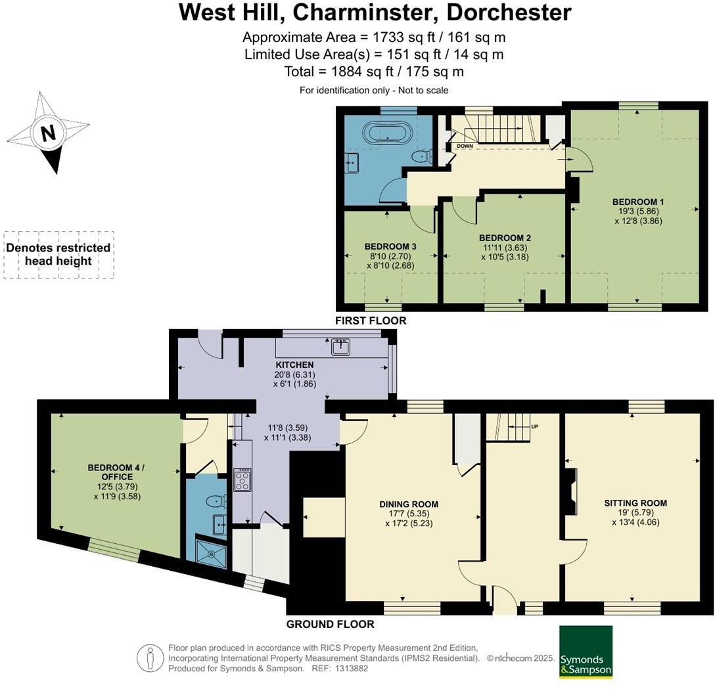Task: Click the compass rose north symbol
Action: [x=48, y=133]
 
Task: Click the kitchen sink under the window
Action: [x=340, y=347]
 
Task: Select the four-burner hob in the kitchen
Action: [x=241, y=480]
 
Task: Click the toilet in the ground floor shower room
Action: [x=215, y=502]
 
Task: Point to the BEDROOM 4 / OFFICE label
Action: [x=116, y=472]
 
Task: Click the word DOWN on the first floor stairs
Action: [x=465, y=146]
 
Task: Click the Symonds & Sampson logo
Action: [x=586, y=652]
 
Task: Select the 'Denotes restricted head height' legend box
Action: [x=58, y=255]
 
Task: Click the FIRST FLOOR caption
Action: [x=371, y=321]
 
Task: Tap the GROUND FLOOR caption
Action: [x=330, y=624]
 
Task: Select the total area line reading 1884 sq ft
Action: [x=374, y=71]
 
